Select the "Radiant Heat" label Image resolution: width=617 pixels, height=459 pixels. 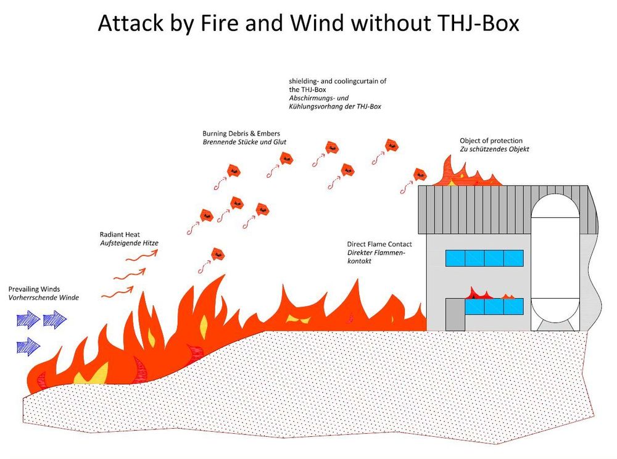click(x=122, y=234)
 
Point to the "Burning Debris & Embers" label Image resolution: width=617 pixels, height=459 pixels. click(x=245, y=133)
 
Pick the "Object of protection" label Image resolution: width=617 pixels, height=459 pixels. click(x=491, y=141)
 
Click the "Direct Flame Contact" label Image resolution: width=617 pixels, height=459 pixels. click(x=379, y=244)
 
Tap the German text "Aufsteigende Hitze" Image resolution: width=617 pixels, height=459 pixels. click(x=129, y=243)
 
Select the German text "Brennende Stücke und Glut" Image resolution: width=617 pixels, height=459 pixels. click(x=244, y=142)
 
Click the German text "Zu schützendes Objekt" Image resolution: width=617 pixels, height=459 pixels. click(x=494, y=149)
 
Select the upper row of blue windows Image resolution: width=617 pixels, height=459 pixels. click(x=485, y=258)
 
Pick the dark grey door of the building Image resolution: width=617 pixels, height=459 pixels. click(x=455, y=314)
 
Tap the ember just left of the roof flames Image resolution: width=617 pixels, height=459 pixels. click(x=420, y=174)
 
